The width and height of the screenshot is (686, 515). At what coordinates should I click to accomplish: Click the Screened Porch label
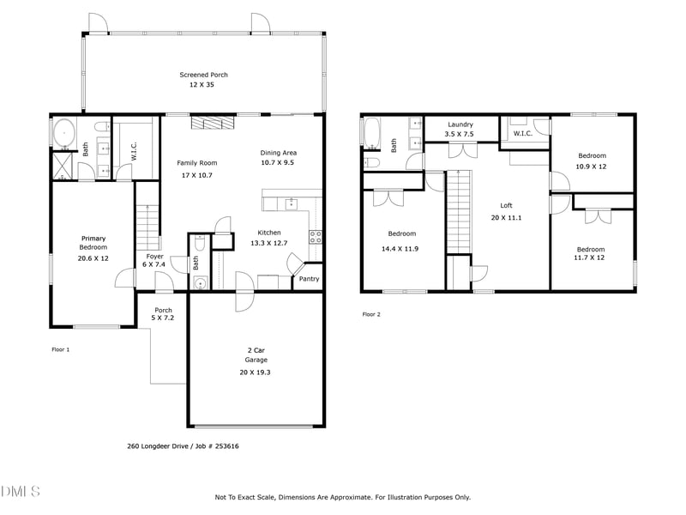pyautogui.click(x=203, y=76)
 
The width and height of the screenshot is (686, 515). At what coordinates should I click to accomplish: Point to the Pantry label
pyautogui.click(x=309, y=278)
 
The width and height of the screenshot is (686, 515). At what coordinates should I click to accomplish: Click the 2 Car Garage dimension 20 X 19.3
pyautogui.click(x=256, y=373)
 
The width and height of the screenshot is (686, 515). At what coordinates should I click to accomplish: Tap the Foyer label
pyautogui.click(x=154, y=256)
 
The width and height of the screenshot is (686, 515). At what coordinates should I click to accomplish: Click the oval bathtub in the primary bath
pyautogui.click(x=63, y=133)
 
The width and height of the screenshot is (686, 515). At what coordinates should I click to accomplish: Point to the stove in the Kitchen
pyautogui.click(x=315, y=237)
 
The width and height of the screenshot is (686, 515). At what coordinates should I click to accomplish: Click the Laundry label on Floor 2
pyautogui.click(x=460, y=124)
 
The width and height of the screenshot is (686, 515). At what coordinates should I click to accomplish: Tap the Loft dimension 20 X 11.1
pyautogui.click(x=506, y=218)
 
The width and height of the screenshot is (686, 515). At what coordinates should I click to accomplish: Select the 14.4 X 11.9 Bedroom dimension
pyautogui.click(x=401, y=249)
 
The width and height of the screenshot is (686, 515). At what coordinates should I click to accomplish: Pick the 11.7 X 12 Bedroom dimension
pyautogui.click(x=591, y=257)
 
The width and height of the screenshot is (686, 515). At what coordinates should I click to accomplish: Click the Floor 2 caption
pyautogui.click(x=370, y=315)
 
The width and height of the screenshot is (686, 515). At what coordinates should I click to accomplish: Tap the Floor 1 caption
pyautogui.click(x=61, y=349)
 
